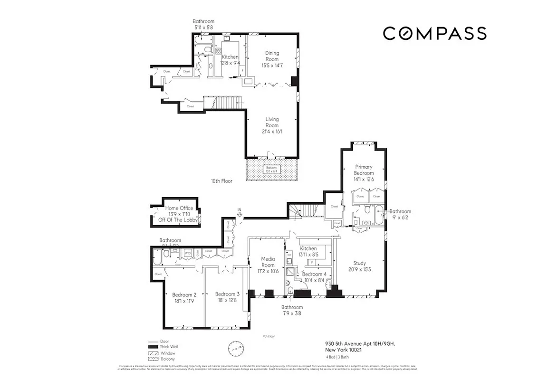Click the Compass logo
click(434, 33)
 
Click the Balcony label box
click(272, 169)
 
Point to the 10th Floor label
click(221, 181)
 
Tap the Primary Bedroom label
click(363, 170)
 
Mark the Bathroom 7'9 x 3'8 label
click(291, 310)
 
